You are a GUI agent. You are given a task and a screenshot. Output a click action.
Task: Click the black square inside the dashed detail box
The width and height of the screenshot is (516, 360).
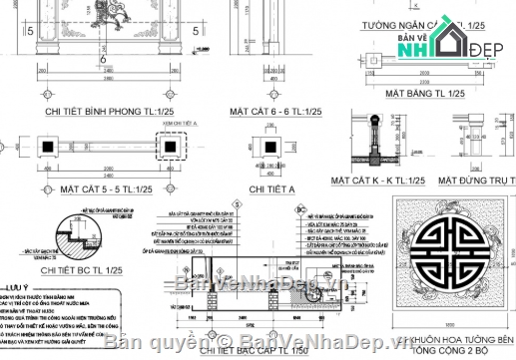click(173, 147)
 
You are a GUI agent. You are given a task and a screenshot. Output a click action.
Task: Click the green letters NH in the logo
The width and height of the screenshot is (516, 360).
click(423, 48)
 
